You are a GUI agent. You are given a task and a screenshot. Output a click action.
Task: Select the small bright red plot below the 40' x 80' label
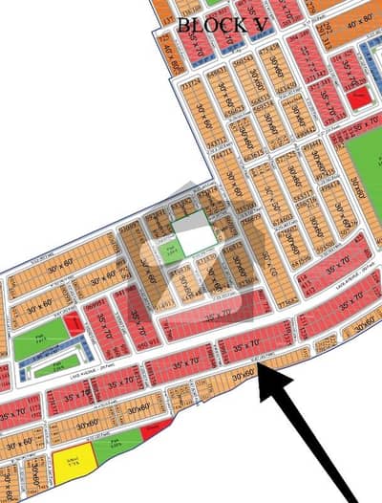(x=359, y=97)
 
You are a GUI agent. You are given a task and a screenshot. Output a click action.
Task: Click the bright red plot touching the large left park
(x=73, y=325)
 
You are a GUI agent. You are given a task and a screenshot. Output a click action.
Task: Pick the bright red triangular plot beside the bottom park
(x=154, y=430)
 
